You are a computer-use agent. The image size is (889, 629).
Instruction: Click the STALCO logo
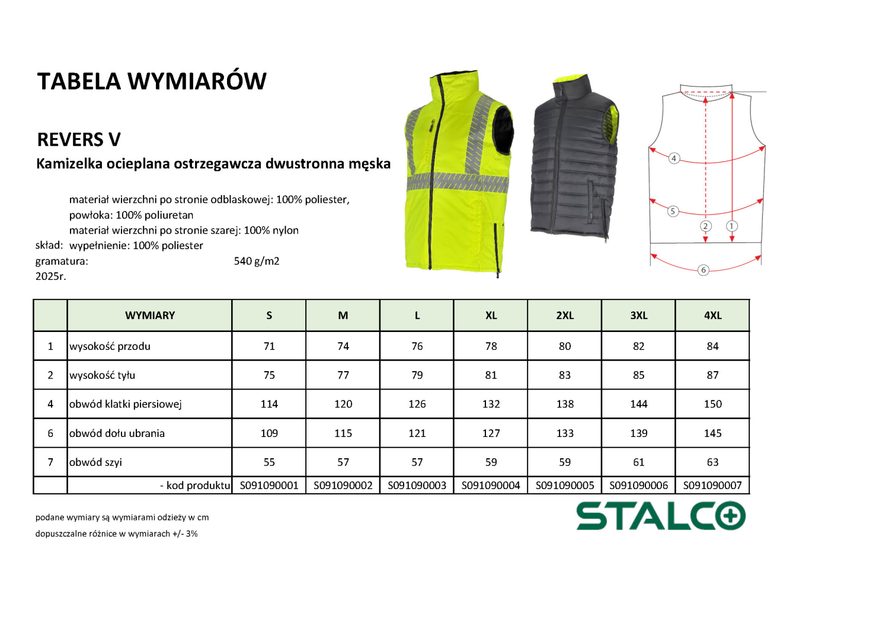pos(661,516)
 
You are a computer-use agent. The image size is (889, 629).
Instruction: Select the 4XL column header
pos(712,315)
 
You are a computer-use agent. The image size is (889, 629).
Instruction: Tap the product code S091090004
pos(491,486)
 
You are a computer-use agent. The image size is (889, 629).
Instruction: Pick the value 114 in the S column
pos(269,404)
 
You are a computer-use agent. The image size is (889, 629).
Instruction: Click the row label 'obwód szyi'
pos(95,462)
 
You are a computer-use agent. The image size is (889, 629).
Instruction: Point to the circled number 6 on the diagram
pos(703,270)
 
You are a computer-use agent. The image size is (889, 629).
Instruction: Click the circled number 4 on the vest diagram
pos(673,158)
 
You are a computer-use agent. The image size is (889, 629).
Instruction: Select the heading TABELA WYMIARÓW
pos(152,81)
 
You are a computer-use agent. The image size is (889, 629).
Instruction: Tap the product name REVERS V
pos(79,140)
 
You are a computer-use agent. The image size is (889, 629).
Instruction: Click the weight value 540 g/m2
pos(257,261)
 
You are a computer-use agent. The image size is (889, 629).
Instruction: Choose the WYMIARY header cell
pos(150,315)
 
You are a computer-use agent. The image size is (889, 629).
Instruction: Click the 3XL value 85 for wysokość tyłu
pos(638,375)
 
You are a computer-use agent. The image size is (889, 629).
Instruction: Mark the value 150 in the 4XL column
pos(712,404)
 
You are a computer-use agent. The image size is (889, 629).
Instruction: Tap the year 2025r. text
pos(51,276)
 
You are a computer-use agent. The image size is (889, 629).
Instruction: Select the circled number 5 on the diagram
pos(673,211)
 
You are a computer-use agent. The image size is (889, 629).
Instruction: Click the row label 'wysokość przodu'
pos(110,346)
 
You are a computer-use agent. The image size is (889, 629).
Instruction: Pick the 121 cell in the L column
pos(417,433)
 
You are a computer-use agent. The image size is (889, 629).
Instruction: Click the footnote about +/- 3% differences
pos(116,534)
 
